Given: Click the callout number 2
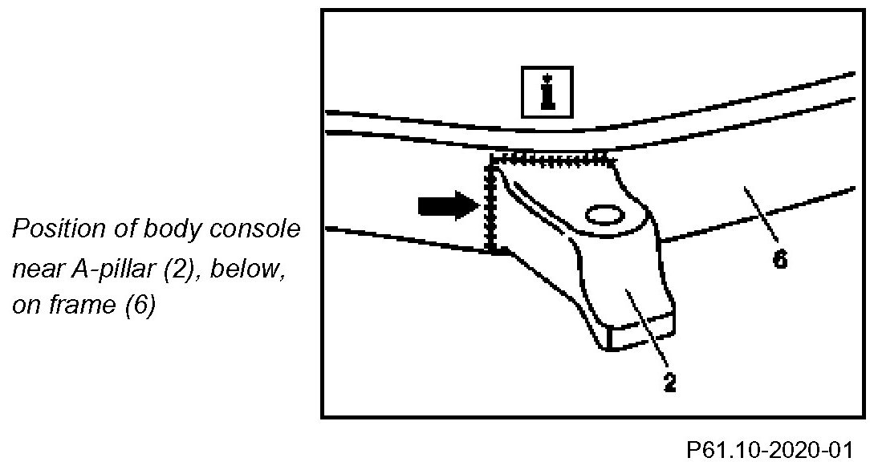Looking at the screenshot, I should (669, 382).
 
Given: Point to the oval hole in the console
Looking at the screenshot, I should (603, 215).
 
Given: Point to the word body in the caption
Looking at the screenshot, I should (174, 229).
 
